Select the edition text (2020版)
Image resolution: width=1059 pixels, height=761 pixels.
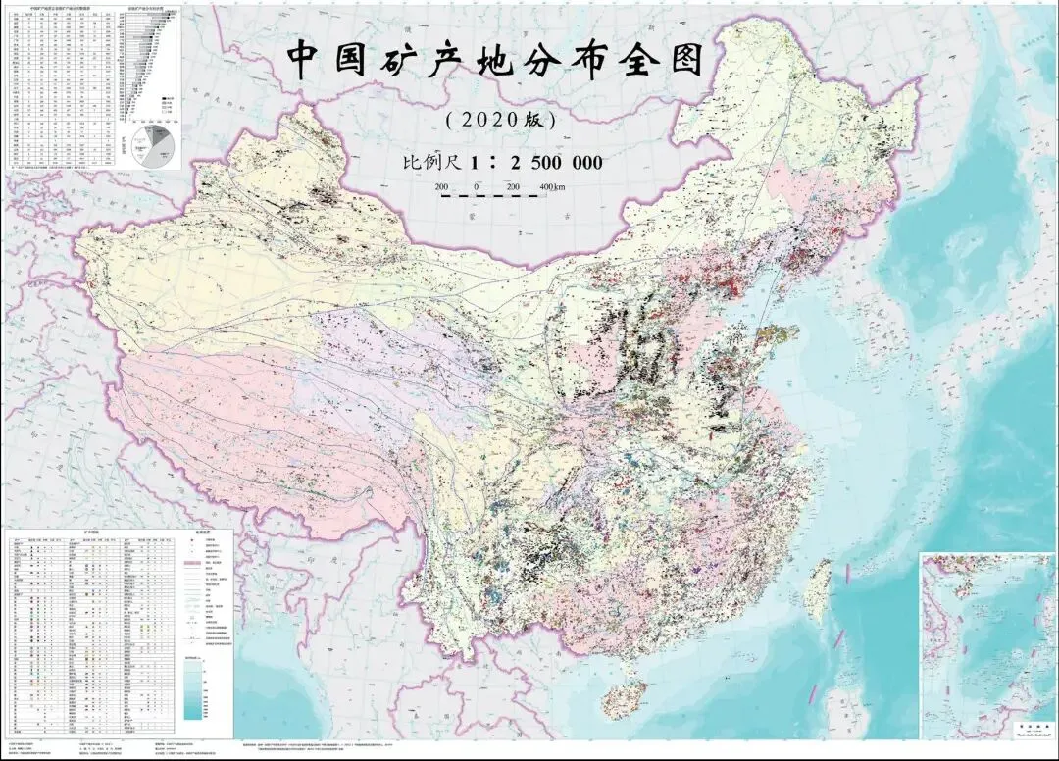click(500, 121)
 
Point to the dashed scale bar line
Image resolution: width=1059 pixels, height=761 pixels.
click(489, 196)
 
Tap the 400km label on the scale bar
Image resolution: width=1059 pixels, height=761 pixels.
click(550, 186)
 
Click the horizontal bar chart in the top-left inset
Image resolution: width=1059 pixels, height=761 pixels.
click(149, 59)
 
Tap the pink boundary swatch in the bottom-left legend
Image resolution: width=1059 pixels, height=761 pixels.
click(193, 565)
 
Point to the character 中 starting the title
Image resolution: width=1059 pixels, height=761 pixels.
click(307, 61)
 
